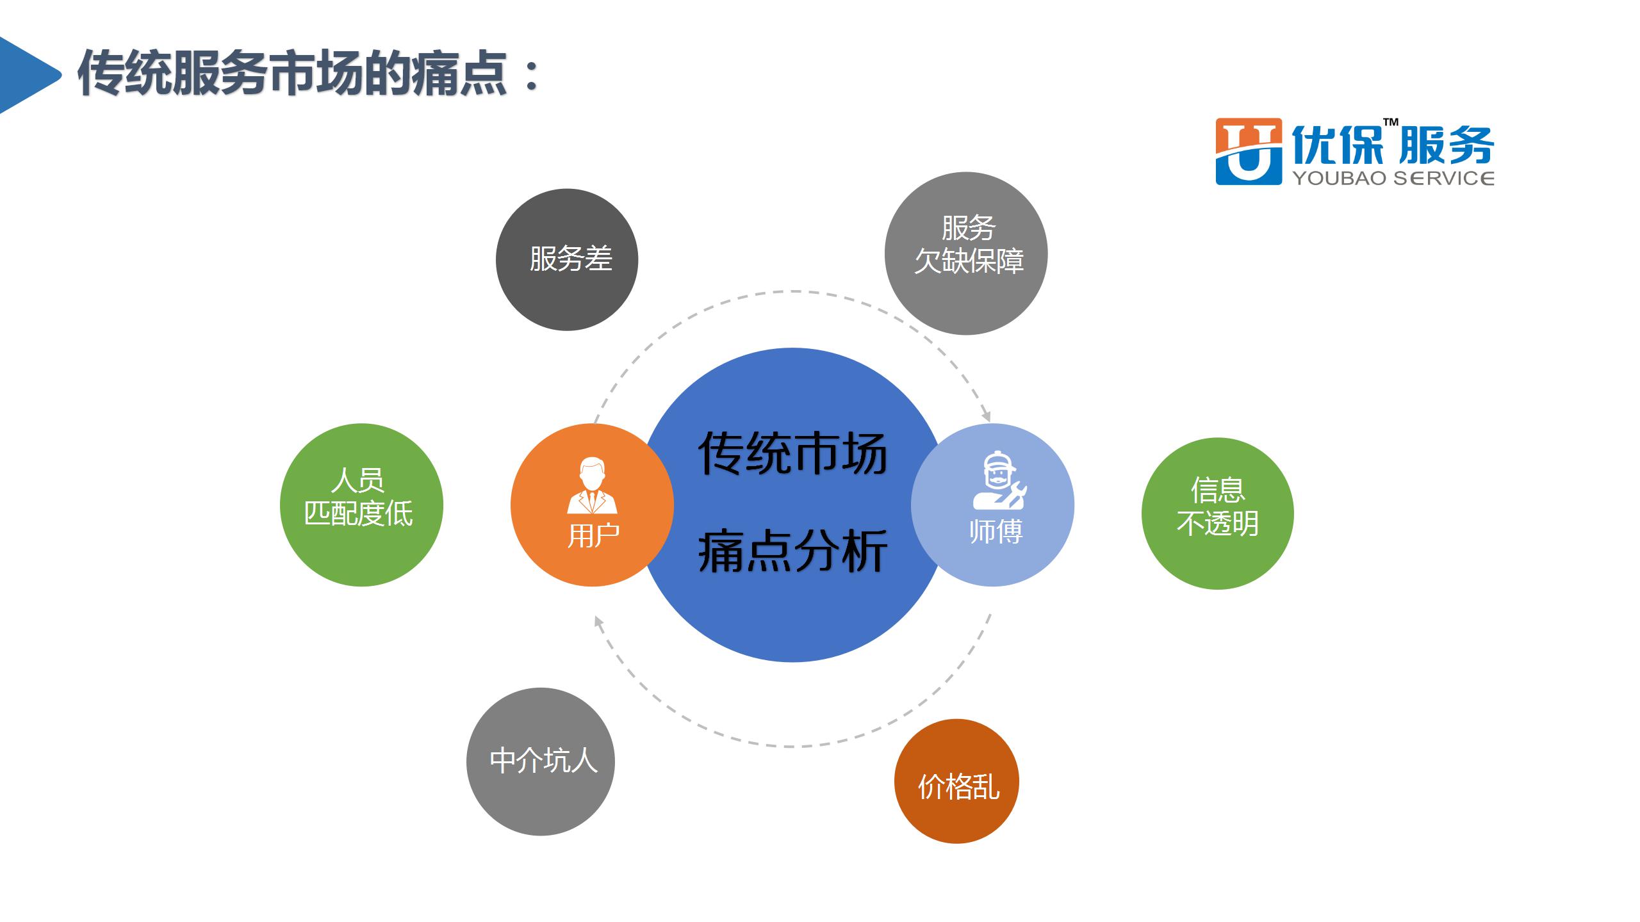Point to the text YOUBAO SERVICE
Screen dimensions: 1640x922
coord(1393,177)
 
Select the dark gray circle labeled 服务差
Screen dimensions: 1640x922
coord(567,259)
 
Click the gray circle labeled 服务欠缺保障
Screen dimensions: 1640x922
coord(966,253)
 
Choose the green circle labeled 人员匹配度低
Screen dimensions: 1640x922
coord(361,505)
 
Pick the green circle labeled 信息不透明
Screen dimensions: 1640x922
coord(1217,514)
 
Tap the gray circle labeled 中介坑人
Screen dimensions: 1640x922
coord(540,761)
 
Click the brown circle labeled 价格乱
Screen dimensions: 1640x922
coord(956,781)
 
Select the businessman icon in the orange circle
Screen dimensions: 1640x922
coord(592,486)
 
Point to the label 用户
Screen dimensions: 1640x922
coord(593,535)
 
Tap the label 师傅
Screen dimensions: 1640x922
coord(996,531)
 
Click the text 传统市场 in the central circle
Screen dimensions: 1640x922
coord(792,453)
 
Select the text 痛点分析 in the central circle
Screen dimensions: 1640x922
coord(792,551)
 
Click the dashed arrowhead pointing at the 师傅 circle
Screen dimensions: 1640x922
coord(987,415)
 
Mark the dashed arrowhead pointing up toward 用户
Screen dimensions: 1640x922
coord(598,622)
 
